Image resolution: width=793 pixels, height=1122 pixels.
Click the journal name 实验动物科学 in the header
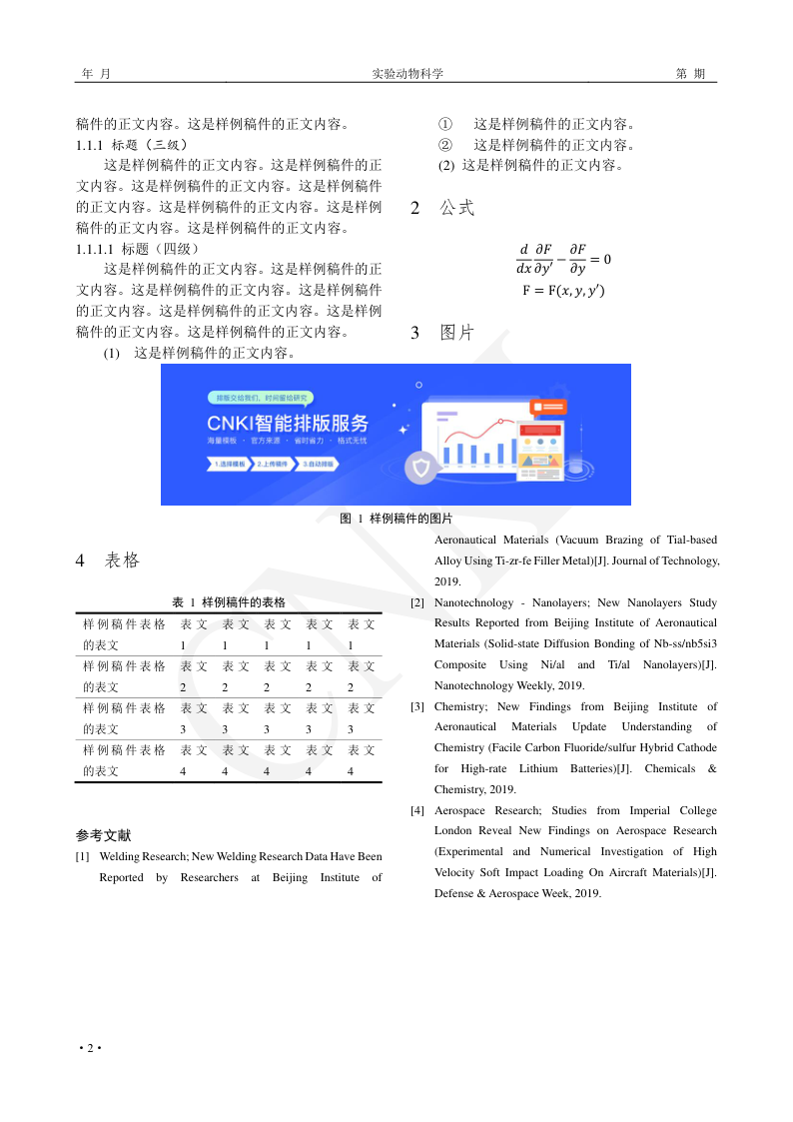coord(407,74)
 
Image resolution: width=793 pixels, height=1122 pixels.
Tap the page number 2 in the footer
coord(90,1047)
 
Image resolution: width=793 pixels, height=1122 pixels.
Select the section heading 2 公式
coord(442,209)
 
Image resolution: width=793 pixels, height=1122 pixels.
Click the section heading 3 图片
coord(442,333)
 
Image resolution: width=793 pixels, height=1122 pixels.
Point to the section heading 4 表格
coord(108,561)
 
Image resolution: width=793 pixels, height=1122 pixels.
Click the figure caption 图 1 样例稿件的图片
coord(396,519)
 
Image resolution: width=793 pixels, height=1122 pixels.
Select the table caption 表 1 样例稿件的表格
coord(229,602)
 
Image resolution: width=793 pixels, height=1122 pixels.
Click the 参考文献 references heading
coord(103,835)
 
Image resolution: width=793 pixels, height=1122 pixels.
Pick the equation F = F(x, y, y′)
coord(563,291)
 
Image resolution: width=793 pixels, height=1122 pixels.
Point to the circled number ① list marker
coord(445,125)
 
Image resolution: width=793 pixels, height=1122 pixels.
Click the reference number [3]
coord(417,707)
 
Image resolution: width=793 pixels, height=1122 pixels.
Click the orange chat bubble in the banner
coord(548,407)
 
